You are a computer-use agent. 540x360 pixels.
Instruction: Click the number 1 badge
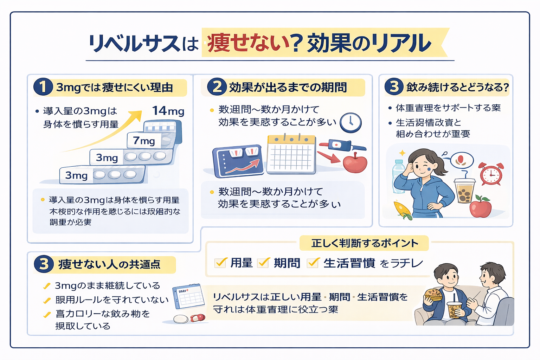tap(43, 87)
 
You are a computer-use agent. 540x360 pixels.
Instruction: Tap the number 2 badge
tap(217, 87)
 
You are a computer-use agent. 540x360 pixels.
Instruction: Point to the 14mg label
tap(168, 111)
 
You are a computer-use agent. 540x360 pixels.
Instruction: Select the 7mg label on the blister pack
tap(144, 141)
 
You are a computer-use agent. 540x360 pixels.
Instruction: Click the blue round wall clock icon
tap(351, 122)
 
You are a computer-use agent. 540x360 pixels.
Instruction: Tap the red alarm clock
tap(491, 174)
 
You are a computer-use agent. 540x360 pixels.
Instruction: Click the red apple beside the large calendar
tap(355, 162)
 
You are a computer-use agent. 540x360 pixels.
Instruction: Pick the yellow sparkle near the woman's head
tap(402, 153)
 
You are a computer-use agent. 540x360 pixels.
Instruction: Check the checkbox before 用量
tap(220, 263)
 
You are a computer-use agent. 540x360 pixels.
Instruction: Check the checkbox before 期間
tap(263, 263)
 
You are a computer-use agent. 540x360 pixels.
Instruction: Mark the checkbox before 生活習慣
tap(313, 263)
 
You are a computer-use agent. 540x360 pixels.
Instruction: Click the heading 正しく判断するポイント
tap(365, 243)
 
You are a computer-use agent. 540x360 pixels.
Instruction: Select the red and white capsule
tap(197, 318)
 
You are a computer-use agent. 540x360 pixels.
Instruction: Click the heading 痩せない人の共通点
tap(109, 264)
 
